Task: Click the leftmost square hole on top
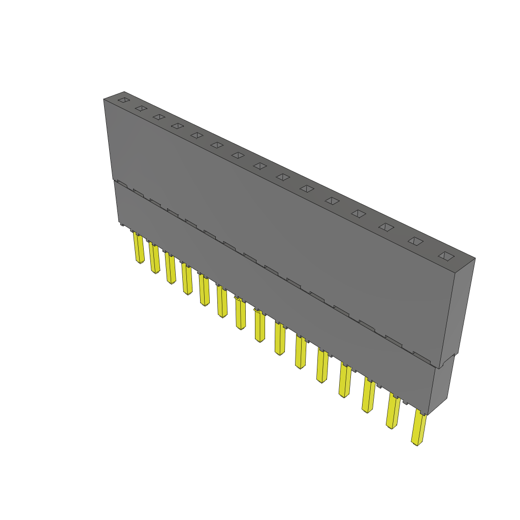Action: tap(123, 101)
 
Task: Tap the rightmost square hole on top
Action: tap(445, 255)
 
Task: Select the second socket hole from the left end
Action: tap(141, 109)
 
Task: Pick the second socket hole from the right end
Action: tap(415, 241)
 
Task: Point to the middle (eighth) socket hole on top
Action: tap(260, 166)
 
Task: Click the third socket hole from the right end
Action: tap(386, 227)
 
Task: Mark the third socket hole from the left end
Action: tap(159, 117)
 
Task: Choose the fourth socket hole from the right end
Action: tap(359, 214)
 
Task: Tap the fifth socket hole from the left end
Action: tap(197, 135)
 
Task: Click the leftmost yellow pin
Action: tap(139, 249)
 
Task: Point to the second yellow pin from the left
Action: tap(154, 258)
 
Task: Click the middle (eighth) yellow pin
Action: tap(259, 327)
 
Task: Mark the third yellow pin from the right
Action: tap(369, 396)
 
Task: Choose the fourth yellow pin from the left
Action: tap(187, 280)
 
